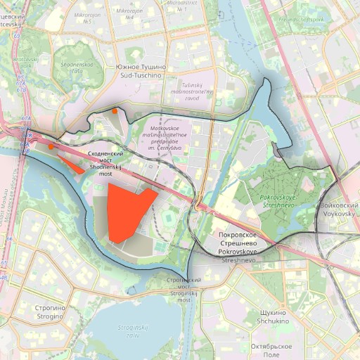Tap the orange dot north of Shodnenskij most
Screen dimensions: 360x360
coord(114,111)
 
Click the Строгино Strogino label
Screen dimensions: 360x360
coord(50,312)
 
